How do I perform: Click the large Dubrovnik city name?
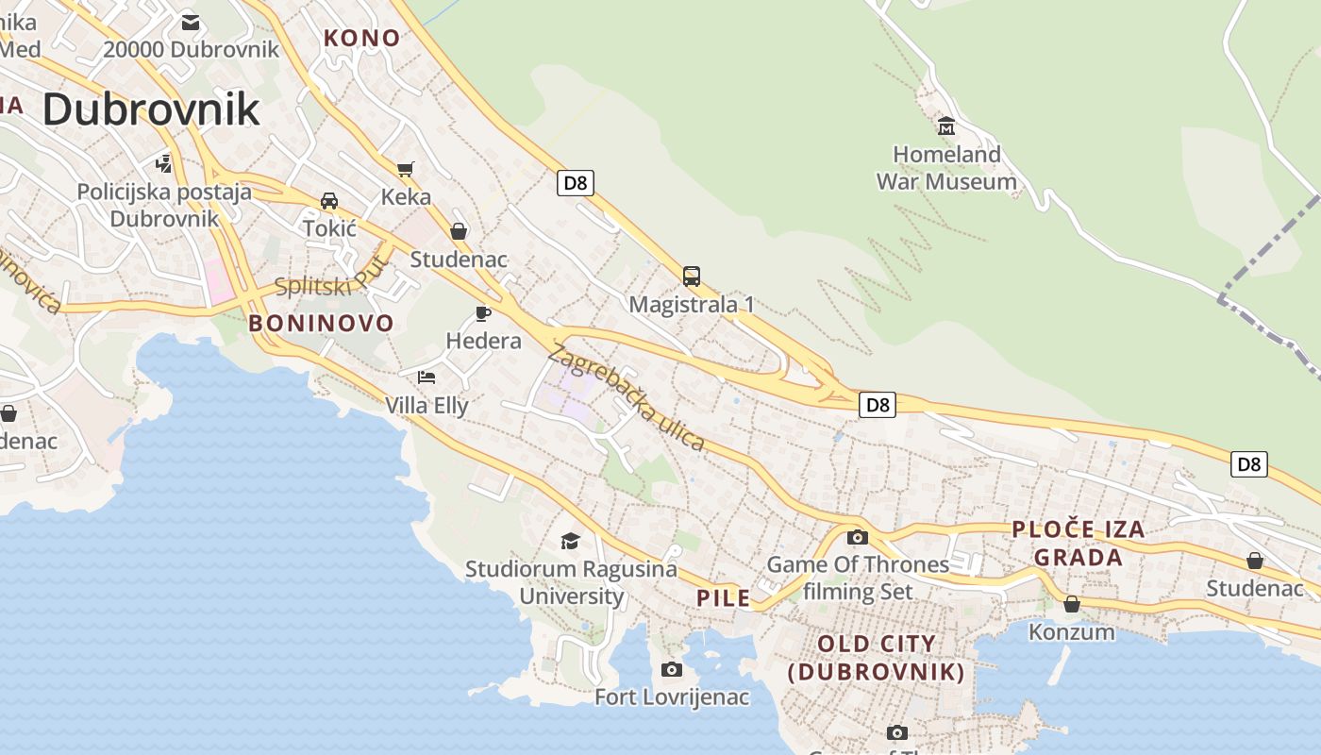(151, 109)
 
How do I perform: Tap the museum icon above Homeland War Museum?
(946, 126)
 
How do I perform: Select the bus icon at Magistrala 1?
(692, 277)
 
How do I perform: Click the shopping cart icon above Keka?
(406, 170)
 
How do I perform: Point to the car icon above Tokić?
(329, 201)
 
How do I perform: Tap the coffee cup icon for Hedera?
(483, 313)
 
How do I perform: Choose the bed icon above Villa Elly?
(426, 377)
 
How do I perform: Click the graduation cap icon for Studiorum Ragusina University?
(570, 541)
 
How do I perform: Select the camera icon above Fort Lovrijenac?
(672, 669)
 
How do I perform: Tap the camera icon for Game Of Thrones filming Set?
(858, 537)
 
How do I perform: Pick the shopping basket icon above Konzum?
(1072, 604)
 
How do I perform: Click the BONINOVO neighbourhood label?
(321, 324)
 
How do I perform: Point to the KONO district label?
(362, 39)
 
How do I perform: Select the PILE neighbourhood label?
(724, 597)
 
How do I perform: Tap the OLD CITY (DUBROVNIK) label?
(877, 658)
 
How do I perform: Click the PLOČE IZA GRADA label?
(1079, 543)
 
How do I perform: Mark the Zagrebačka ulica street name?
(626, 398)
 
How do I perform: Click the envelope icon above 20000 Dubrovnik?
(191, 23)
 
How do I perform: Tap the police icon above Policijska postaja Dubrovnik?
(164, 164)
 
